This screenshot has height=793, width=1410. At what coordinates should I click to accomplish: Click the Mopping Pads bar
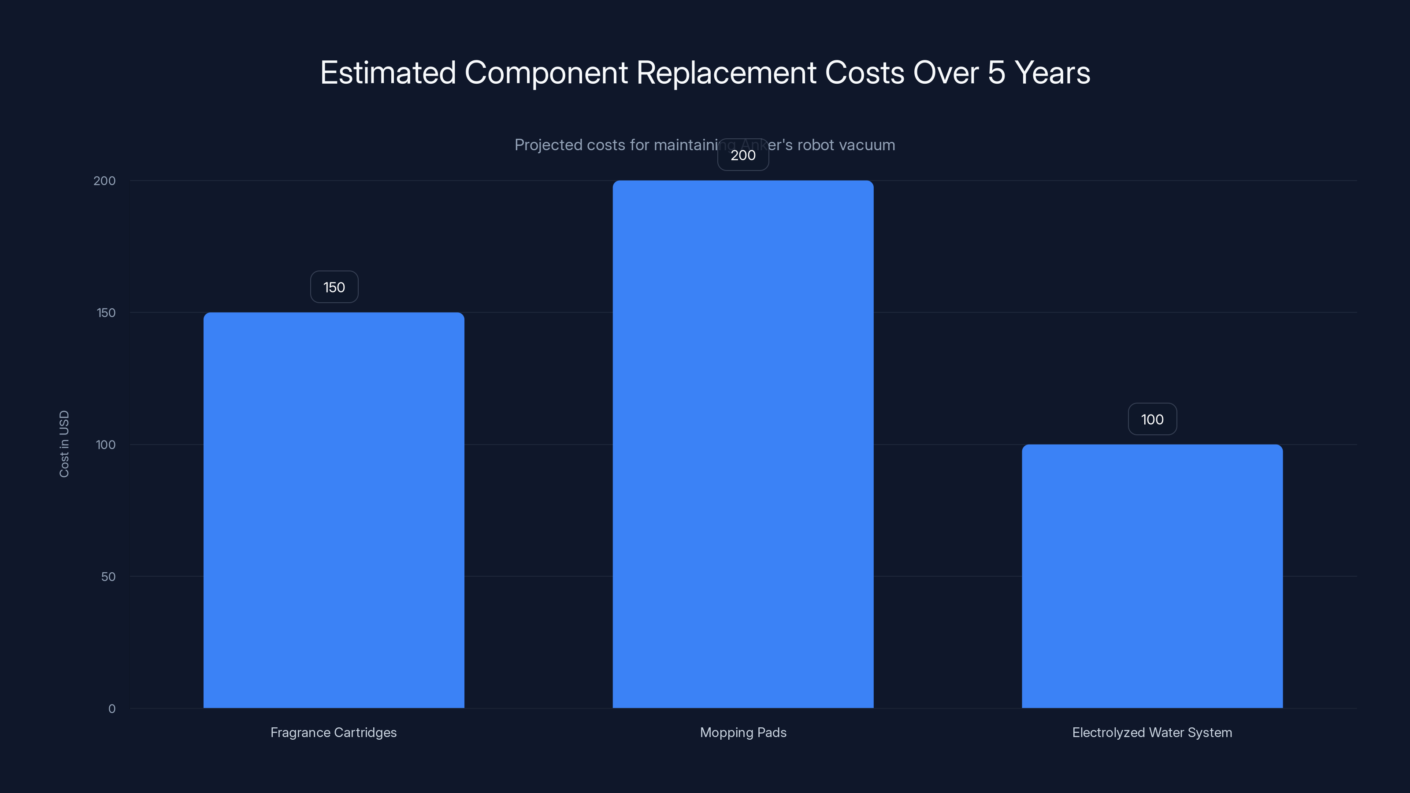[x=743, y=444]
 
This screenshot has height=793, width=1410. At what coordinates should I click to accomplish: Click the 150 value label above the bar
[x=334, y=287]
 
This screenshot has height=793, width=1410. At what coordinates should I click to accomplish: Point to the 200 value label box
[x=743, y=156]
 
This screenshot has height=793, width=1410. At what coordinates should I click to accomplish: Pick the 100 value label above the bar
[x=1152, y=420]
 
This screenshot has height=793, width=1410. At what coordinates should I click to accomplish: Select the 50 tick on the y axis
[x=108, y=577]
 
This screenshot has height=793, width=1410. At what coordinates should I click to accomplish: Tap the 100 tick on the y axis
[x=106, y=445]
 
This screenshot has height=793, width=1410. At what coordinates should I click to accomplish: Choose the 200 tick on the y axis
[x=104, y=181]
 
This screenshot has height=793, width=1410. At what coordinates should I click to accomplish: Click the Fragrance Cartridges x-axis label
[x=334, y=733]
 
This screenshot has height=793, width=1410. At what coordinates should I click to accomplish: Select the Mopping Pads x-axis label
[x=743, y=733]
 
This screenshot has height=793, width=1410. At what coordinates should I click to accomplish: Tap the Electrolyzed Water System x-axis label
[x=1152, y=733]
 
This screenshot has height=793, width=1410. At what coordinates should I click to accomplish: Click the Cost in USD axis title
[x=64, y=444]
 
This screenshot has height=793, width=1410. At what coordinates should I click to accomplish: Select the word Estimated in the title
[x=388, y=73]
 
